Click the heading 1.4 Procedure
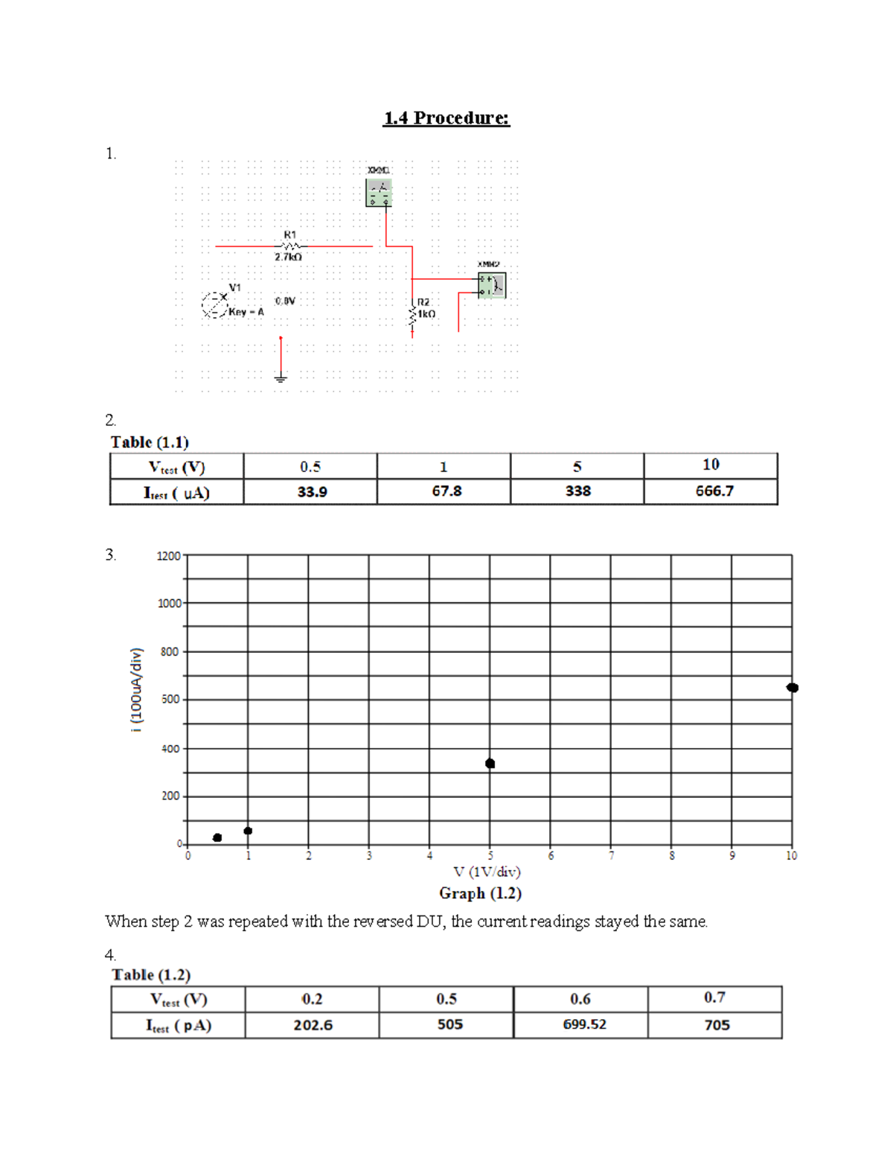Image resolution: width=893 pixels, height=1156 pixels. (x=446, y=118)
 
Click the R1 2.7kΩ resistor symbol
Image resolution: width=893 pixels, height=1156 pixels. (x=290, y=246)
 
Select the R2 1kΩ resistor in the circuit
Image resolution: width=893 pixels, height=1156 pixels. (x=412, y=314)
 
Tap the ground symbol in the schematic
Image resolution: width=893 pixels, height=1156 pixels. (x=281, y=378)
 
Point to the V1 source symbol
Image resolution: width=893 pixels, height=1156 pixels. (x=214, y=304)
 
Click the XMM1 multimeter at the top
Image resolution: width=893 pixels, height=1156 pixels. (x=379, y=193)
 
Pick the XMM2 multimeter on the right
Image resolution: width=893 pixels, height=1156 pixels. (x=492, y=285)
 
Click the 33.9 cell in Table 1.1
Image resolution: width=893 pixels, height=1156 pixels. (x=311, y=492)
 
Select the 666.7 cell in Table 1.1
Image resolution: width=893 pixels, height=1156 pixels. (x=714, y=491)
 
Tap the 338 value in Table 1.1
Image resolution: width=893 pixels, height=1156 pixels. (x=577, y=491)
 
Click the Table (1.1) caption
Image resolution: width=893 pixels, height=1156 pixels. (x=150, y=442)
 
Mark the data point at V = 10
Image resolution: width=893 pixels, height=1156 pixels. (x=793, y=688)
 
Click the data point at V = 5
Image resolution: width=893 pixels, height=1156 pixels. (x=490, y=764)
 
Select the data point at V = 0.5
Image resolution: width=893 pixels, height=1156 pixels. (x=217, y=838)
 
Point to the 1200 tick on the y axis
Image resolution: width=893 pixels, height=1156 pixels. (x=169, y=556)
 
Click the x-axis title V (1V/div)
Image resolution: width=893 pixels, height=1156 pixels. (x=487, y=872)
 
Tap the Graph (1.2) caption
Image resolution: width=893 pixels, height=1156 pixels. (x=480, y=893)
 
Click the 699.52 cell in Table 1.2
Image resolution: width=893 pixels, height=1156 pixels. (x=584, y=1025)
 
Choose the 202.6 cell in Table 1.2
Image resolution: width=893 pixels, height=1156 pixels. (x=313, y=1025)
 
